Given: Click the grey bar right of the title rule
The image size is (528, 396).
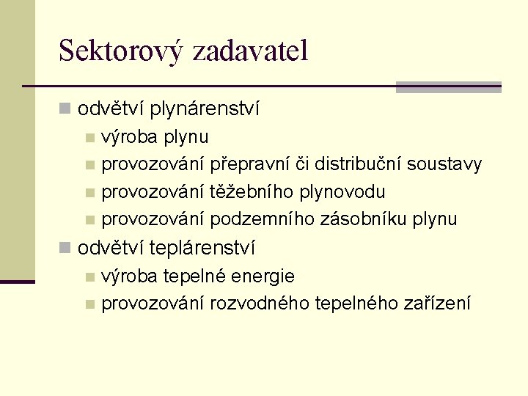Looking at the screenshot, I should pyautogui.click(x=448, y=87).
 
